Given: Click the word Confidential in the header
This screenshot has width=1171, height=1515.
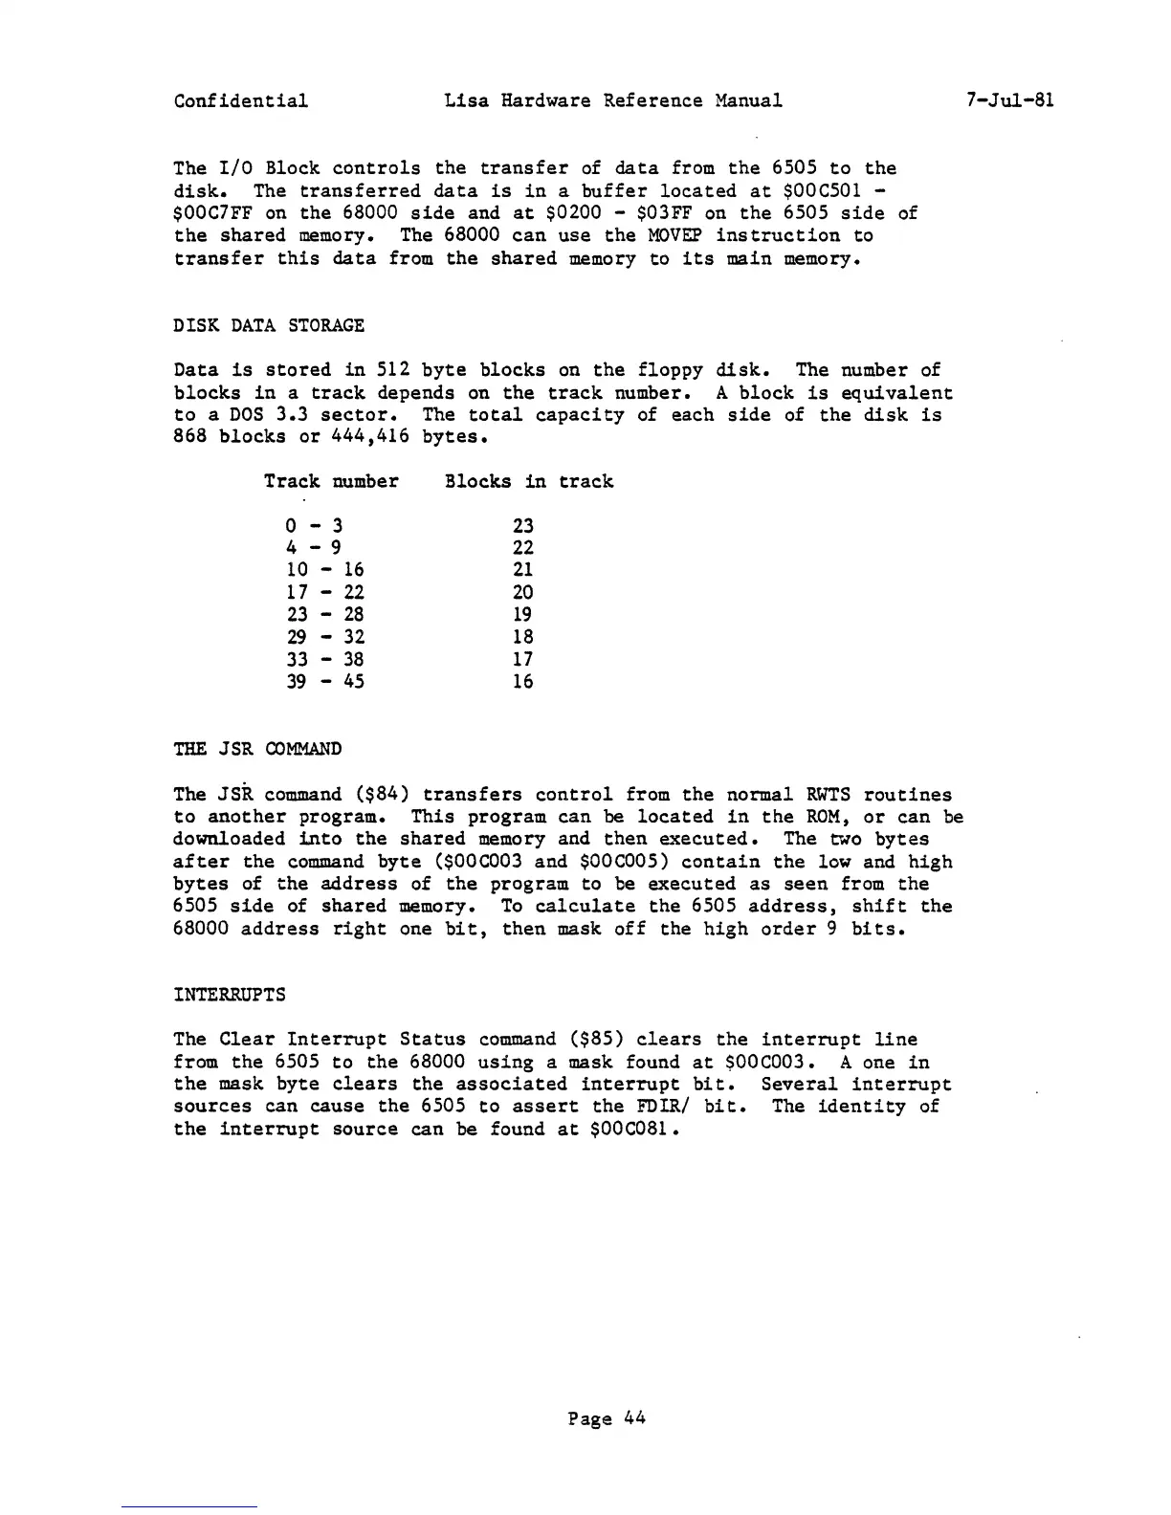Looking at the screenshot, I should coord(241,100).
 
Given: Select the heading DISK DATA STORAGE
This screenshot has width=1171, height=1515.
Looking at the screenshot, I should coord(269,325).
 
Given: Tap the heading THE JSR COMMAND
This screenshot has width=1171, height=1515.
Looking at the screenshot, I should coord(257,748).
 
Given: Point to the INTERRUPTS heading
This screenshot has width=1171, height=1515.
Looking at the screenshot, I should coord(230,994).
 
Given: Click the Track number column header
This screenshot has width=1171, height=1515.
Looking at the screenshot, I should coord(331,481).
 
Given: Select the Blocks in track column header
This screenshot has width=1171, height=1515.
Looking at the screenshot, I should coord(528,481).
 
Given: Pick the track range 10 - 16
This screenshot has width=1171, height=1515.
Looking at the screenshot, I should coord(325,570).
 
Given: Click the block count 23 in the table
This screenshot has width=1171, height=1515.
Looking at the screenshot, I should coord(522,525).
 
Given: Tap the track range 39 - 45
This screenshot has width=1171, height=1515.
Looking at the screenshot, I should coord(325,682).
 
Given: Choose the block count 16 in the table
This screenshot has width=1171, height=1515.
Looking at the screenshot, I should coord(522,682).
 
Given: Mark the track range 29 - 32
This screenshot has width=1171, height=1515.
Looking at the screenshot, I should coord(325,637).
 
